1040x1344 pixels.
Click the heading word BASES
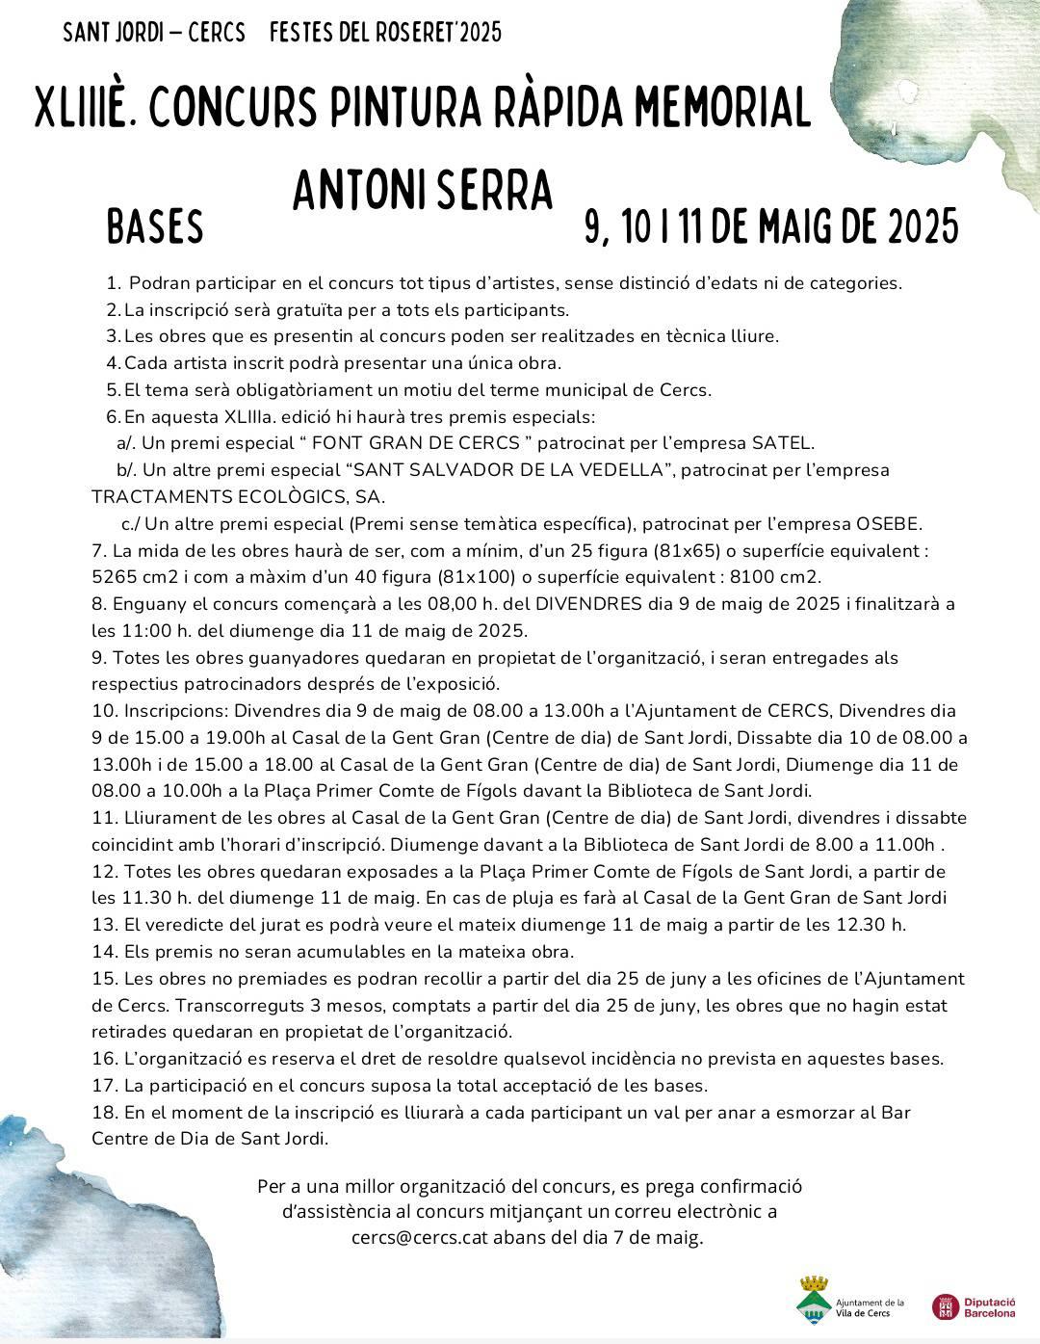[155, 227]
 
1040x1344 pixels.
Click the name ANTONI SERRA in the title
[423, 191]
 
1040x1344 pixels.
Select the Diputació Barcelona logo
[974, 1306]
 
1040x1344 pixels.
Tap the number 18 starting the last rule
[104, 1112]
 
